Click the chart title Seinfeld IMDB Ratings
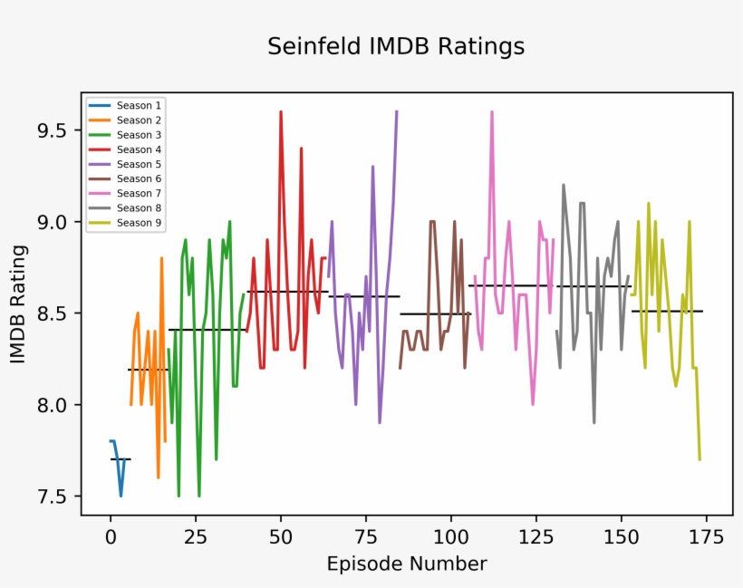click(396, 46)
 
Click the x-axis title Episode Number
click(407, 564)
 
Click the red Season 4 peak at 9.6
click(281, 112)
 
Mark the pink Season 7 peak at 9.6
click(492, 112)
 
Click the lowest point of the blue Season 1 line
click(121, 495)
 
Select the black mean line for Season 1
click(121, 459)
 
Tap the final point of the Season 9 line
click(700, 459)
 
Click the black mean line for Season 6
click(435, 313)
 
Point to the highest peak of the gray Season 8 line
click(564, 185)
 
